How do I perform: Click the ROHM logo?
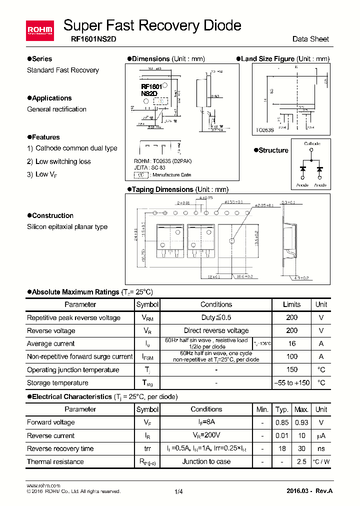tap(39, 31)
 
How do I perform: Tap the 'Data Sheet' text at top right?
tap(310, 39)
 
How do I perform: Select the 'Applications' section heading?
tap(51, 98)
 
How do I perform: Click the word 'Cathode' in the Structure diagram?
tap(312, 143)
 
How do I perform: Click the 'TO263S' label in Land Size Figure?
tap(264, 130)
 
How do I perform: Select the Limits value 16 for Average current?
tap(291, 343)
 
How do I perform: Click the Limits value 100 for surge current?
tap(291, 356)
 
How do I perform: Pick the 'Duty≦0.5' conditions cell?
tap(216, 317)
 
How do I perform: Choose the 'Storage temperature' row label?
tap(57, 383)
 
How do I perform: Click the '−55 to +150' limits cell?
tap(291, 383)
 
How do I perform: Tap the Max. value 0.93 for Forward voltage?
tap(301, 422)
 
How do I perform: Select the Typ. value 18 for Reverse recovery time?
tap(282, 448)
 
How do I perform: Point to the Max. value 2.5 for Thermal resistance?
tap(301, 461)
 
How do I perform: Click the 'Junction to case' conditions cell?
tap(206, 461)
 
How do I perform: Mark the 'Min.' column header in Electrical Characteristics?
tap(262, 409)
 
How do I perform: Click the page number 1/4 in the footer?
tap(179, 492)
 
